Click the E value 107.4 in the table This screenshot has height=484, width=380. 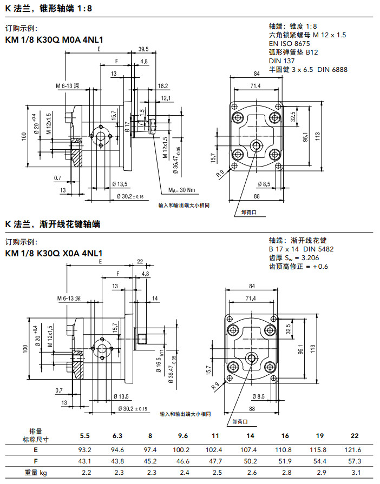coord(250,450)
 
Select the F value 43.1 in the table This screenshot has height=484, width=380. coord(86,461)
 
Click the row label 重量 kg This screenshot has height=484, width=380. coord(35,473)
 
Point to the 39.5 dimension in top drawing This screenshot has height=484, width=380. coord(143,49)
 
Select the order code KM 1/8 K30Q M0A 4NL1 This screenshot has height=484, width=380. coord(54,39)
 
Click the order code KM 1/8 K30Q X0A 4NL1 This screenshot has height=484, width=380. coord(54,253)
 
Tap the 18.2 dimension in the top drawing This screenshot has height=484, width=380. coord(163,86)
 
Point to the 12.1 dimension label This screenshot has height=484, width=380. coord(166,98)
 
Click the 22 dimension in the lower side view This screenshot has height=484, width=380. coord(140,262)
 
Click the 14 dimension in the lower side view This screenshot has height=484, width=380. coord(154,298)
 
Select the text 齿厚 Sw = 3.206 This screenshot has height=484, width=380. coord(298,257)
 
